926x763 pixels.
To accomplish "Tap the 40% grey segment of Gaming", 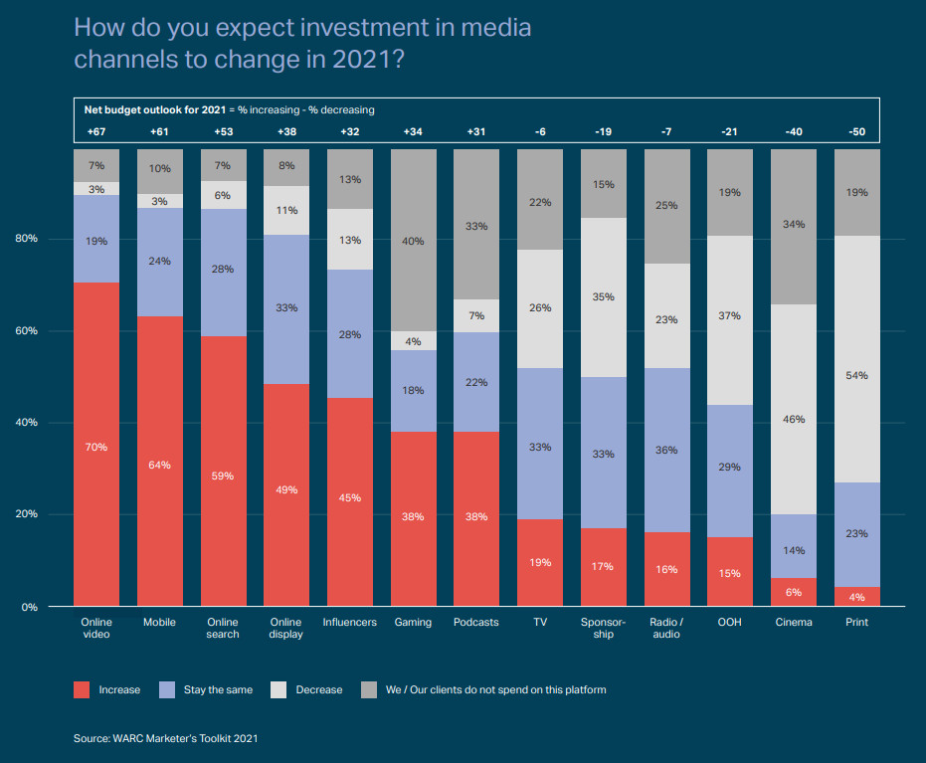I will coord(413,241).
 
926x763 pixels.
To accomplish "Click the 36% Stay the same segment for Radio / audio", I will coord(666,450).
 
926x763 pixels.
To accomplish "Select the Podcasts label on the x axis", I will coord(475,623).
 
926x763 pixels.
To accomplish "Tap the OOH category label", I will coord(729,623).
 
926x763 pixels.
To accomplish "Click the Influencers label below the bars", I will coord(349,623).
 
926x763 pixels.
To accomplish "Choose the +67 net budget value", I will coord(96,132).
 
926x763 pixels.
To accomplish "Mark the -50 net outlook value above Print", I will coord(856,132).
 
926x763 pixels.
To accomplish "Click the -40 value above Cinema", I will coord(793,132).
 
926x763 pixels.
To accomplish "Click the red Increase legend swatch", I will coord(83,689).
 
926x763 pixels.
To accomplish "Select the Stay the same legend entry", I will coord(218,689).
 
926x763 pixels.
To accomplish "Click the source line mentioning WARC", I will coord(166,738).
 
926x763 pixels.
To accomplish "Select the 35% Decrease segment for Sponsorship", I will coord(603,297).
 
